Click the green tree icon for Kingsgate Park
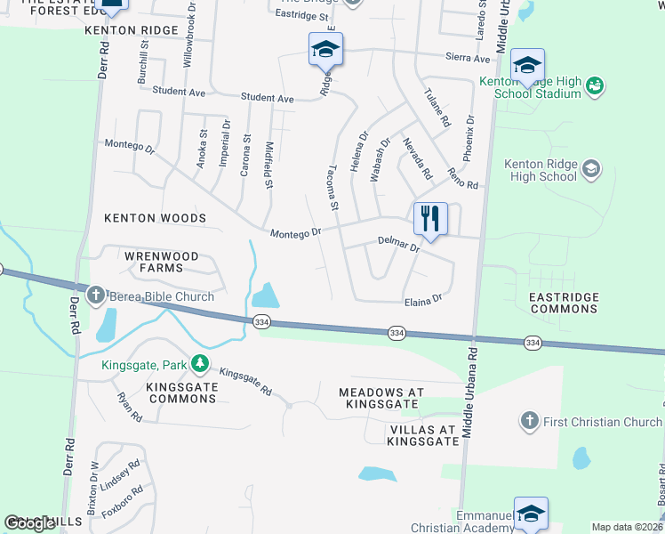[x=202, y=363]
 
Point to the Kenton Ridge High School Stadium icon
[x=595, y=85]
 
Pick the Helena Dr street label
[x=359, y=151]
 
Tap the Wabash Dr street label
[x=380, y=159]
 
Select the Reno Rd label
[x=463, y=178]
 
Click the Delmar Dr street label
[x=397, y=243]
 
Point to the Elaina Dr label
[x=421, y=301]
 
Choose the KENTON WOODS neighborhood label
[x=155, y=218]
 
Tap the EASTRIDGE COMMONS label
[x=564, y=303]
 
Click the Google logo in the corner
[x=30, y=523]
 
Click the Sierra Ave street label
[x=468, y=59]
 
